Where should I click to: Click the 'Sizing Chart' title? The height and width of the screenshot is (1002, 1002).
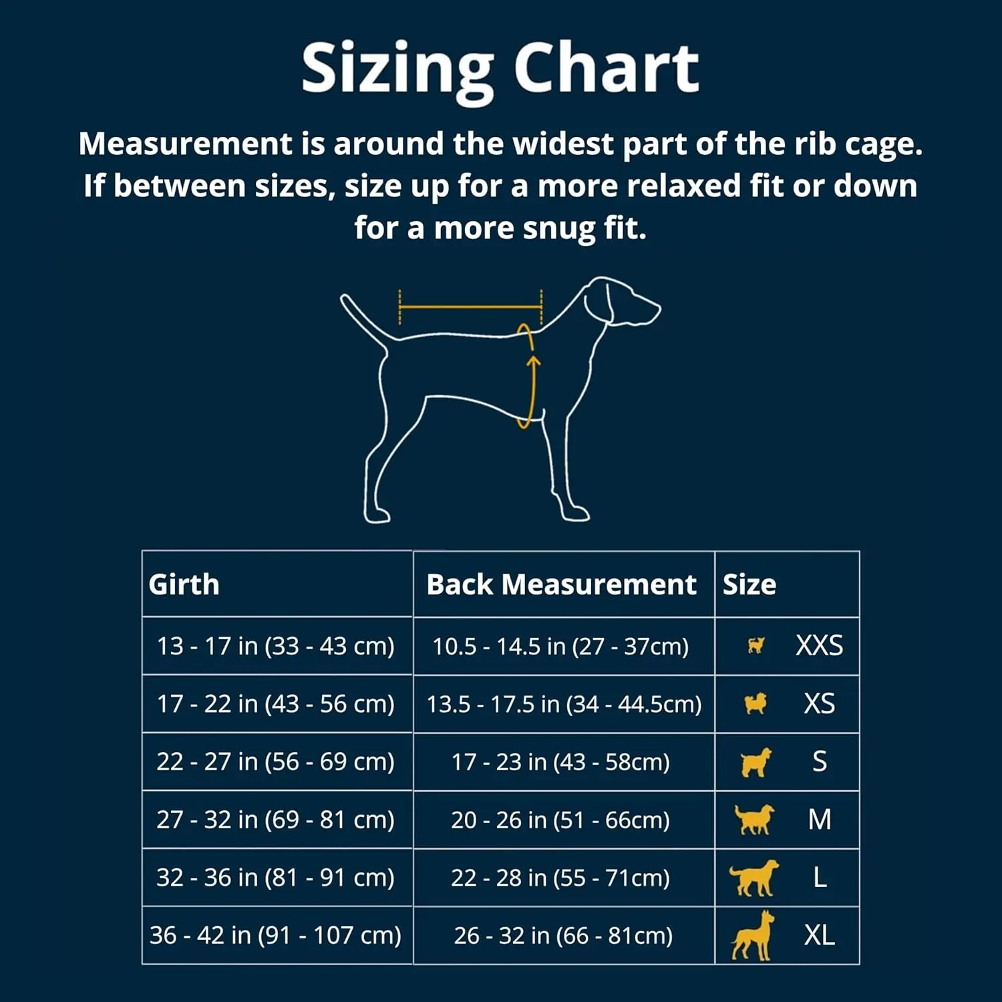click(500, 69)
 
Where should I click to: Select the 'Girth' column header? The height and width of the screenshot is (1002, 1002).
click(184, 584)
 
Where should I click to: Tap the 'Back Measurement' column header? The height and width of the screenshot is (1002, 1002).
click(561, 584)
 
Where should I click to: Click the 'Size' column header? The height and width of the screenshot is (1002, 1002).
click(749, 584)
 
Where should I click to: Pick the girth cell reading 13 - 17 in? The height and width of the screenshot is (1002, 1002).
click(275, 646)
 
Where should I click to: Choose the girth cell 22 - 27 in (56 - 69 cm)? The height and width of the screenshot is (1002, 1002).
click(275, 762)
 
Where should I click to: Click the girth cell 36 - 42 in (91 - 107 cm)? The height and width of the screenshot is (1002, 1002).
click(275, 935)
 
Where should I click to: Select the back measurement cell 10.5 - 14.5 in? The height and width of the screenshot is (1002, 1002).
click(560, 646)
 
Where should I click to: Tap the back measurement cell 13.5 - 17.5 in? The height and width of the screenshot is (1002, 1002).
click(564, 704)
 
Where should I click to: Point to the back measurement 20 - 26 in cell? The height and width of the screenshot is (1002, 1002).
click(560, 820)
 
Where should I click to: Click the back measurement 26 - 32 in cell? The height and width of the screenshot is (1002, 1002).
click(563, 935)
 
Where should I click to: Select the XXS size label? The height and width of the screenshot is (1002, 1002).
click(819, 646)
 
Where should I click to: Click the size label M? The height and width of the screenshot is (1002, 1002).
click(820, 820)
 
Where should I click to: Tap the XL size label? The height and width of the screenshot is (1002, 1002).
click(820, 935)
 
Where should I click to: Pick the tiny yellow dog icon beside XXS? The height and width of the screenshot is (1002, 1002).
click(756, 646)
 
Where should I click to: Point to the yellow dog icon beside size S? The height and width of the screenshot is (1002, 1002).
click(756, 762)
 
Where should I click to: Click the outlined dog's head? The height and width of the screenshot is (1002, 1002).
click(618, 301)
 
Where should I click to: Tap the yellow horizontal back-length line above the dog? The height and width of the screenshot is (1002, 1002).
click(470, 307)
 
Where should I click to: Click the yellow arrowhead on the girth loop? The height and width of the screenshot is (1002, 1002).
click(533, 361)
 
